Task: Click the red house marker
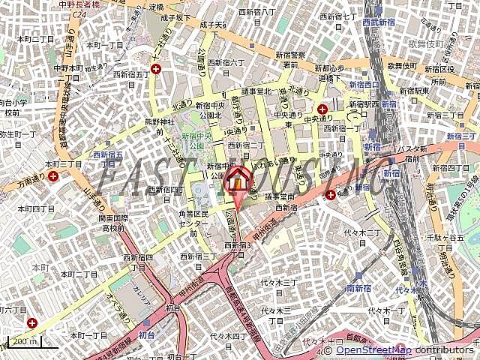click(238, 179)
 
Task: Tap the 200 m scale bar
click(23, 343)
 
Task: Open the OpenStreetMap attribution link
click(373, 350)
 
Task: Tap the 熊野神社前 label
click(158, 126)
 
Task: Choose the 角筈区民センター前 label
click(183, 223)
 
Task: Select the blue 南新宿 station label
click(360, 288)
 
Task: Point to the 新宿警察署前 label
click(289, 59)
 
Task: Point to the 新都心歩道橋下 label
click(330, 72)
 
